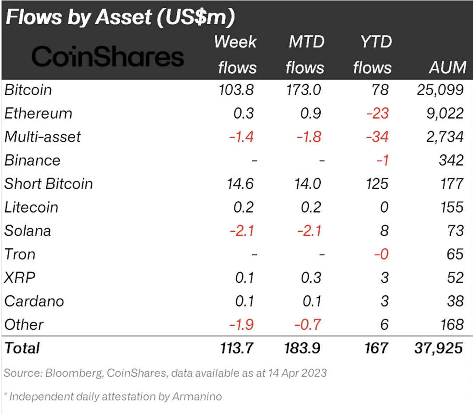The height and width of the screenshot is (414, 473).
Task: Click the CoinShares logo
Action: point(107,56)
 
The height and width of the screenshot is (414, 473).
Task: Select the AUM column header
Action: point(448,67)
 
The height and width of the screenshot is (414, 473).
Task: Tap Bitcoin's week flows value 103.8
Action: point(236,90)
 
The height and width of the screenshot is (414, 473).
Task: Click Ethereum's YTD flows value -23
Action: point(377,113)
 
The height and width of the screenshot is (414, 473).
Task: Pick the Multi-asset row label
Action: point(42,137)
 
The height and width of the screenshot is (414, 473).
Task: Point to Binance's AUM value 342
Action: point(451,160)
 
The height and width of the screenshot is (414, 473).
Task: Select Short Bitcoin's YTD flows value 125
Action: point(377,184)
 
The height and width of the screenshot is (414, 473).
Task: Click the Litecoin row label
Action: point(31,207)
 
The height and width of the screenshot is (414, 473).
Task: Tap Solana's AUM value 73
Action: point(455,231)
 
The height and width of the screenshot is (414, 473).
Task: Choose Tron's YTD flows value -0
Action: point(382,254)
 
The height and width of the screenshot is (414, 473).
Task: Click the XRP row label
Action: point(20,277)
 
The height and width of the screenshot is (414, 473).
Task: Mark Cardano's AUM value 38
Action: point(455,301)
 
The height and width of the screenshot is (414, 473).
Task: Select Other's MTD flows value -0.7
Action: point(308,324)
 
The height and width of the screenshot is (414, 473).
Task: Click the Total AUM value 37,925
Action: point(439,348)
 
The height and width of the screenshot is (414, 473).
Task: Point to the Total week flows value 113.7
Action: point(237,348)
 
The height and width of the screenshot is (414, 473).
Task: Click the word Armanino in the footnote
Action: point(197,397)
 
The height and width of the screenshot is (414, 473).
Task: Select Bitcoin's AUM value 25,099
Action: point(440,90)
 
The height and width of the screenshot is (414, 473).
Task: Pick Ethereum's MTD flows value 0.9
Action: point(311,113)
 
